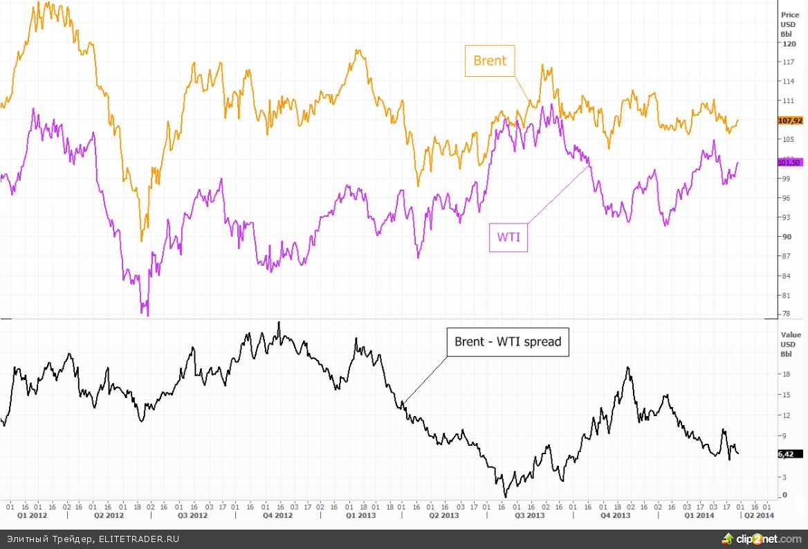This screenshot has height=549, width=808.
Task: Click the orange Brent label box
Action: (489, 60)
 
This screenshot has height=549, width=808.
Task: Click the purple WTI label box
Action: (508, 237)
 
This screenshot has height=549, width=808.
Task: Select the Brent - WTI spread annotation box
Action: (508, 342)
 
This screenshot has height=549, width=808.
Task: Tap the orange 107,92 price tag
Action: (790, 120)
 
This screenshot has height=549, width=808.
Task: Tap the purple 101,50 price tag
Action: (789, 163)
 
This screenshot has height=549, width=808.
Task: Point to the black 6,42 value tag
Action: (786, 454)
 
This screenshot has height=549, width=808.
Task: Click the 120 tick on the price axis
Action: (787, 43)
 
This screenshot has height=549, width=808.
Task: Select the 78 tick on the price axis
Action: (785, 314)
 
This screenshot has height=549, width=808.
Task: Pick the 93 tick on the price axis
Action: (785, 217)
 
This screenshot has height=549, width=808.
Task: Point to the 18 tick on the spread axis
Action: (785, 375)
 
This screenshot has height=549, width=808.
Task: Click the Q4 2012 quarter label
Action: (278, 516)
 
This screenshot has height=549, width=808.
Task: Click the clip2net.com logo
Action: (760, 539)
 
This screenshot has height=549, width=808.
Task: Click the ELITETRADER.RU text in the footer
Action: (138, 539)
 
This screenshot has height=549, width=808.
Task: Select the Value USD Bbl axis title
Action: (790, 343)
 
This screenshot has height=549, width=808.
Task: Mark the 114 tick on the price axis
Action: (787, 82)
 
